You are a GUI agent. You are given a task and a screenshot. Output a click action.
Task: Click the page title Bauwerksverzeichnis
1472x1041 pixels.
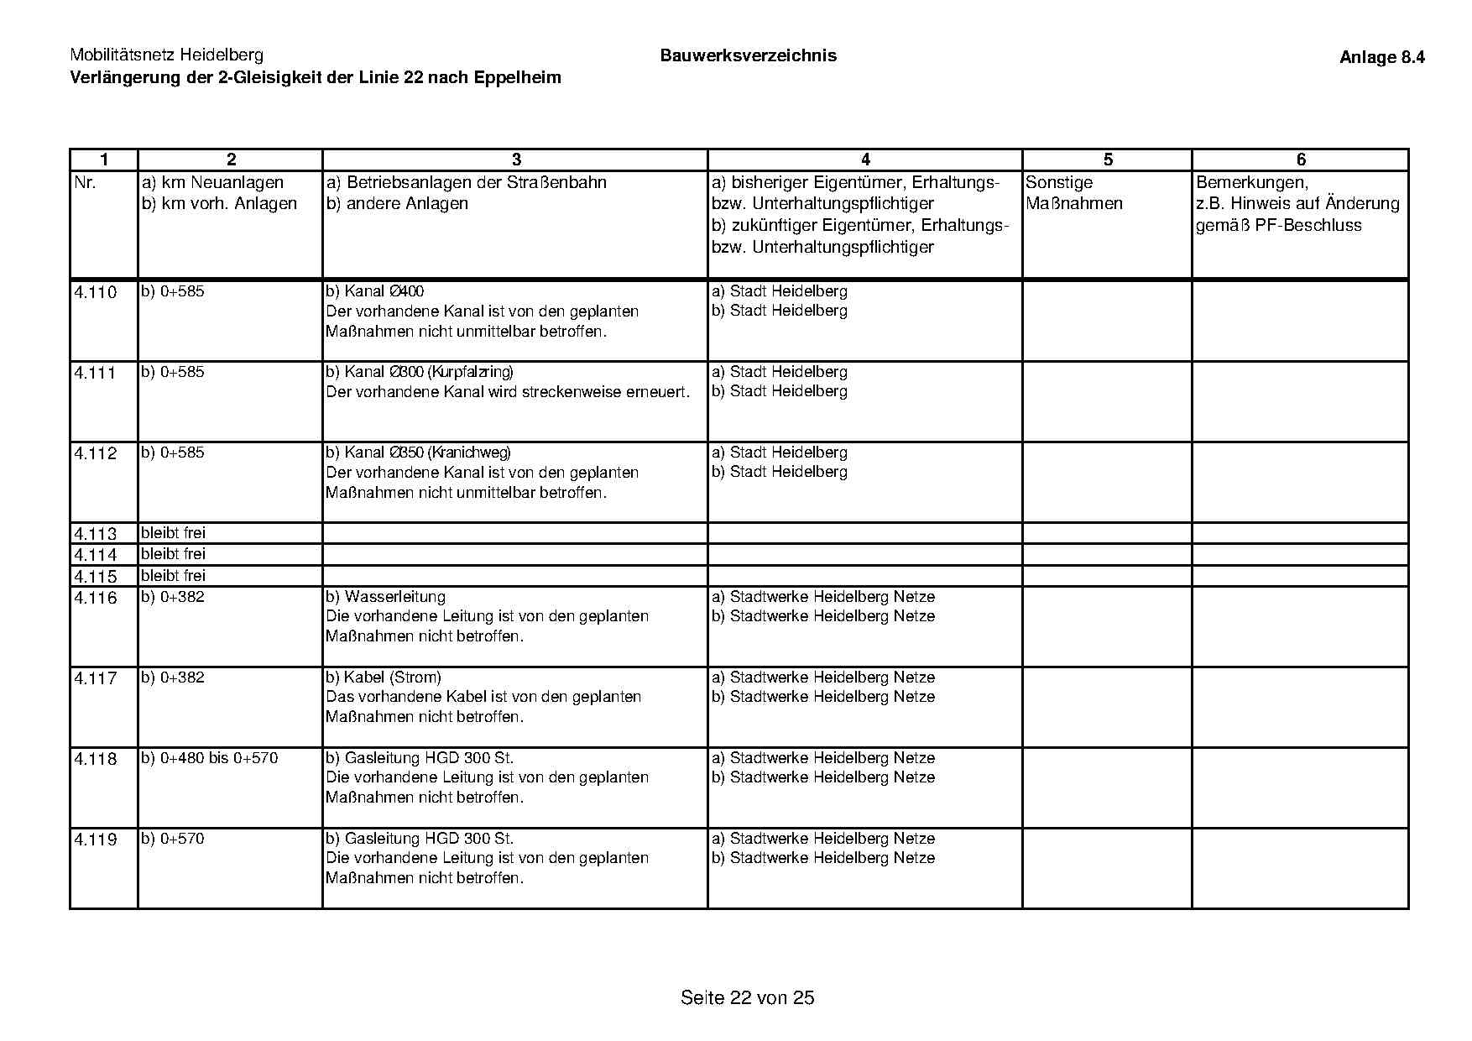(x=748, y=56)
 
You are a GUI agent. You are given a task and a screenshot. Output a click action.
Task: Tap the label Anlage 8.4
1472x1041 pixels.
(x=1381, y=58)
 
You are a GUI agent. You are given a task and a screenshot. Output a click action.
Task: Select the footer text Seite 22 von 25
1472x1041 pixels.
(x=747, y=997)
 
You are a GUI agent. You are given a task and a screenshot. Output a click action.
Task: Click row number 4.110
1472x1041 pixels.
(x=96, y=293)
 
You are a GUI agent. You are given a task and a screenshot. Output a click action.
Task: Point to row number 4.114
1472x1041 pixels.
(x=96, y=555)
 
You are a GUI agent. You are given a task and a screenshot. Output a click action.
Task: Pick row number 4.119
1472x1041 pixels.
(x=96, y=840)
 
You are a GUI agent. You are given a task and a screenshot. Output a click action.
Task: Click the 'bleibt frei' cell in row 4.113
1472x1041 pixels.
(x=173, y=533)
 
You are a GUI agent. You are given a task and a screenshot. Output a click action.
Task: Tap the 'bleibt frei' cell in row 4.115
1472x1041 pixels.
(x=173, y=576)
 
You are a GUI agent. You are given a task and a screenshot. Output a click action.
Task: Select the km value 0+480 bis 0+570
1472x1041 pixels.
(x=219, y=758)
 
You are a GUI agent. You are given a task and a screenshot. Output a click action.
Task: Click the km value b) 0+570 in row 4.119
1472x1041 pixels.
(x=173, y=839)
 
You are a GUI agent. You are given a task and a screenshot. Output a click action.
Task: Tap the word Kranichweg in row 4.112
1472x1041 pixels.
(x=469, y=452)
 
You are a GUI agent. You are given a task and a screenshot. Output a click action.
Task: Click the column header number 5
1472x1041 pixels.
(x=1108, y=160)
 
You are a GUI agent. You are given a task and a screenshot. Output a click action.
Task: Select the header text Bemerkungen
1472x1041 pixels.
(x=1251, y=183)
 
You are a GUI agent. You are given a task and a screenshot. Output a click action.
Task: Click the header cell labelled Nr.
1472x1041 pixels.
(x=86, y=183)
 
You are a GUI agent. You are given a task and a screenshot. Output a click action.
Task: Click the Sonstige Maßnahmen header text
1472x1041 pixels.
(x=1073, y=193)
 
